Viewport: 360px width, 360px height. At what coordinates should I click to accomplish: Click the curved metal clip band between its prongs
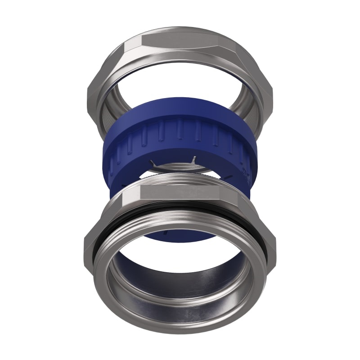175,167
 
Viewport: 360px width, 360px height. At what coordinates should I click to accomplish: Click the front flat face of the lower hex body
180,194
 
